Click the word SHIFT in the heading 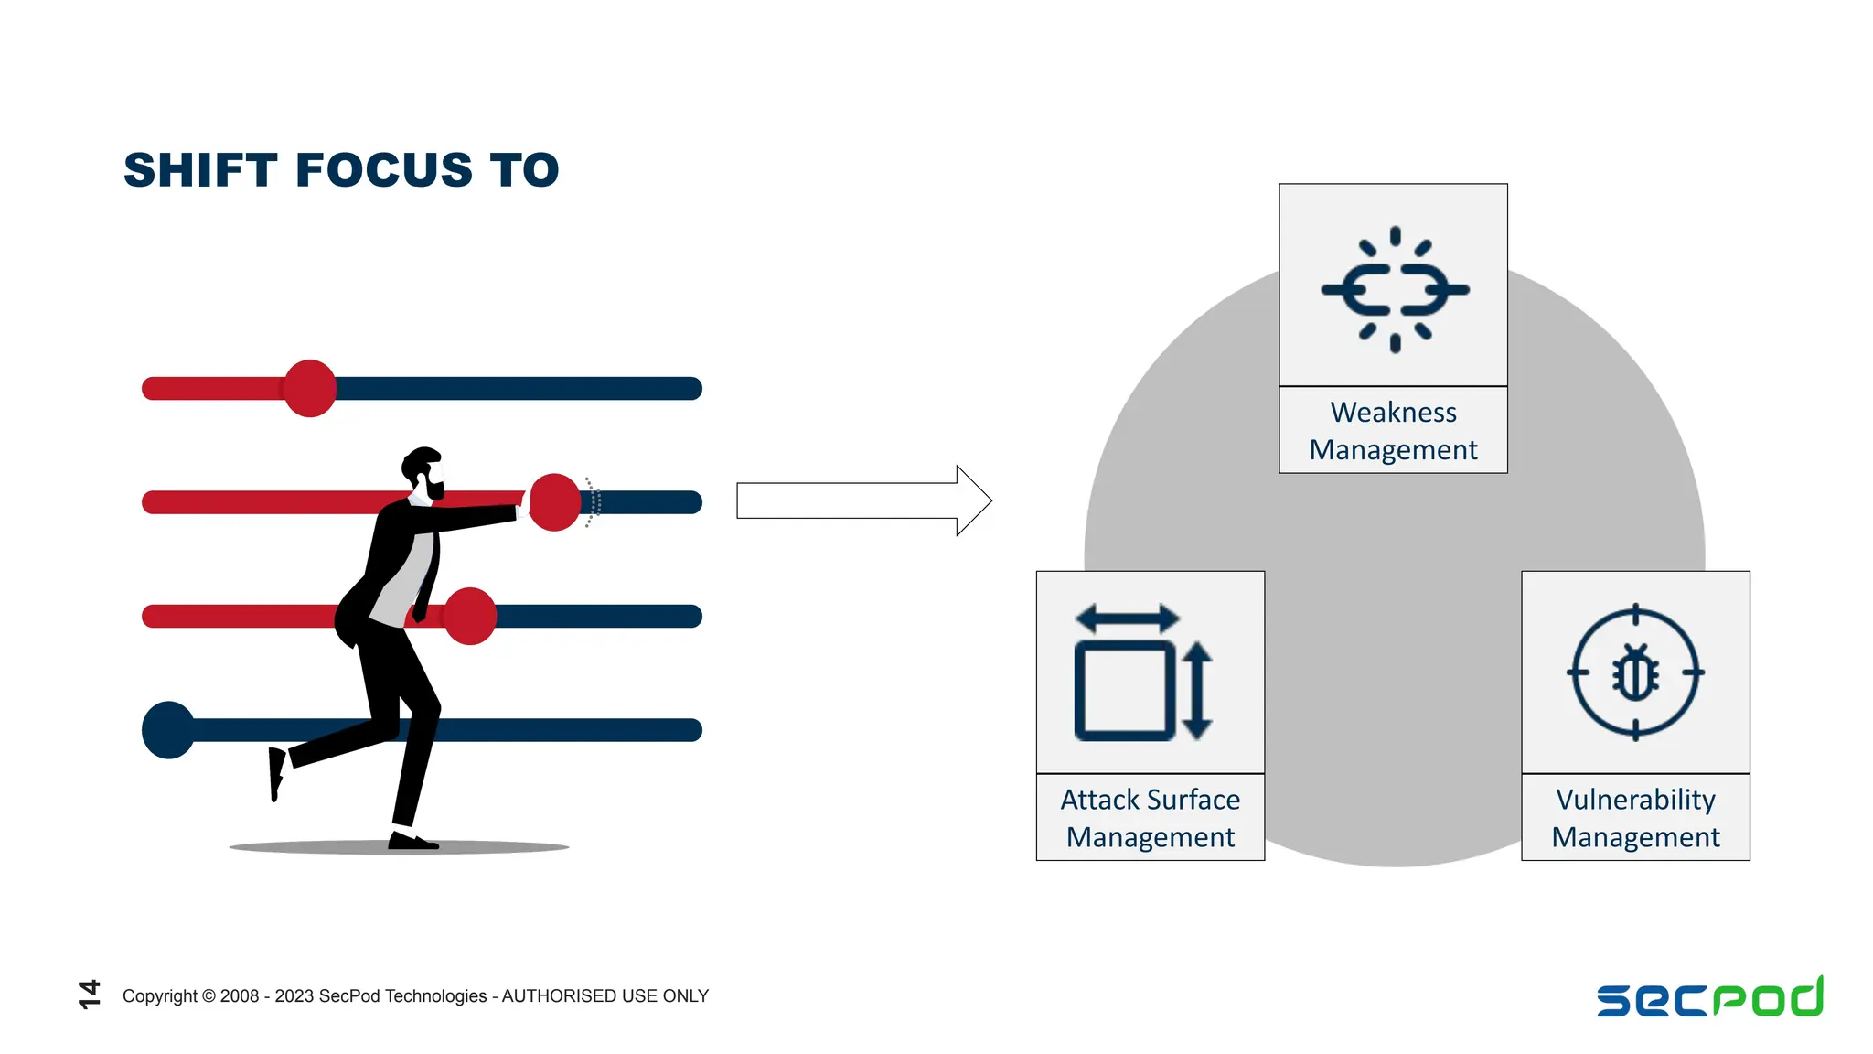point(200,170)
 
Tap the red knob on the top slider point(310,388)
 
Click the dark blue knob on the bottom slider point(169,730)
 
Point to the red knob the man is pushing point(554,502)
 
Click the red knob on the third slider point(469,617)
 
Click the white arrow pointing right point(864,500)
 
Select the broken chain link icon point(1395,289)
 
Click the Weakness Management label point(1393,431)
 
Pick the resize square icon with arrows point(1144,672)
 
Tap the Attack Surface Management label point(1151,818)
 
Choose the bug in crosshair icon point(1635,672)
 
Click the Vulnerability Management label point(1635,818)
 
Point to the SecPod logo point(1710,996)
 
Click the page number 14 point(90,995)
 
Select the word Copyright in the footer point(160,996)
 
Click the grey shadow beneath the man point(399,847)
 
